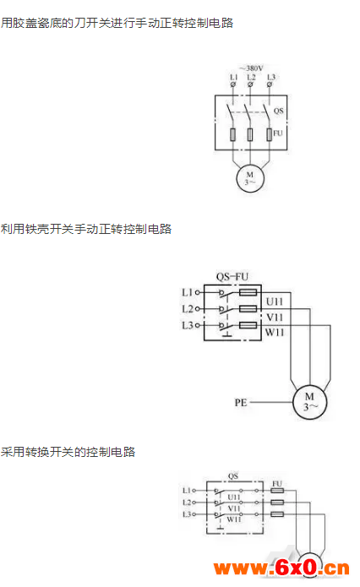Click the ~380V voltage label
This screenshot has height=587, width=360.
tap(251, 68)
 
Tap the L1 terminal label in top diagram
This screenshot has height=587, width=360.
tap(234, 77)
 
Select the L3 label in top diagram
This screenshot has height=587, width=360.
tap(271, 77)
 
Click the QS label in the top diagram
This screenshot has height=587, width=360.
tap(278, 111)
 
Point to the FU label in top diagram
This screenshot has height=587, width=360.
tap(277, 133)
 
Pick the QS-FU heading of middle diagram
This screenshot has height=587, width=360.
tap(232, 277)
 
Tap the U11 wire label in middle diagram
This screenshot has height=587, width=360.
tap(275, 302)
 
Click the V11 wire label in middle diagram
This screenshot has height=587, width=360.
tap(275, 318)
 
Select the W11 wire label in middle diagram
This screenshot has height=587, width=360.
tap(275, 333)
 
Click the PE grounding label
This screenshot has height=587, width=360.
tap(241, 403)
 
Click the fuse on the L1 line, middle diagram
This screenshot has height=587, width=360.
tap(248, 292)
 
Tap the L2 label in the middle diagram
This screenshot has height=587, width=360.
tap(188, 309)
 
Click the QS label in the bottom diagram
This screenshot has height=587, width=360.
tap(233, 476)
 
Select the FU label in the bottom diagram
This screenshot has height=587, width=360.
tap(277, 484)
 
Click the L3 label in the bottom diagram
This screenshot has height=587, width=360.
tap(187, 514)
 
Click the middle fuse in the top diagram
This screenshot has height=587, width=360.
tap(250, 135)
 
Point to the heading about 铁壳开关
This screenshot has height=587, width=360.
tap(86, 229)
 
